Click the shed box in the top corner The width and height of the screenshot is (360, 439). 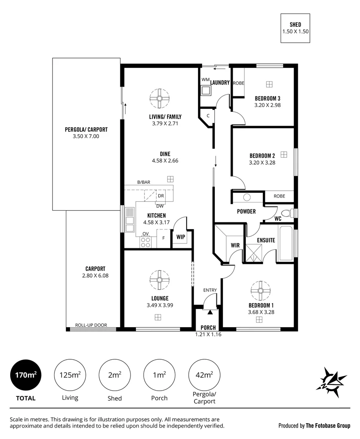295,28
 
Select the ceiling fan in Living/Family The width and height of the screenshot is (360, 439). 159,98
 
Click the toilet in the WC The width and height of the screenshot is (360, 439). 287,213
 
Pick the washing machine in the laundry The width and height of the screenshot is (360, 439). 206,90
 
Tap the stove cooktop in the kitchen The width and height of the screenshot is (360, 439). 145,242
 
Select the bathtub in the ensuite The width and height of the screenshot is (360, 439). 286,243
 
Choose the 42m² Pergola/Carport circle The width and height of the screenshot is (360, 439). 204,375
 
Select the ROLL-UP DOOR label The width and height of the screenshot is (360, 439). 91,325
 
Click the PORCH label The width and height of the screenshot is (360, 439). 208,328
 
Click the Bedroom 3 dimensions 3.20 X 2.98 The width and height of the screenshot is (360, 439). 268,105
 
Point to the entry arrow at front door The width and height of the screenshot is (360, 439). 210,312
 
